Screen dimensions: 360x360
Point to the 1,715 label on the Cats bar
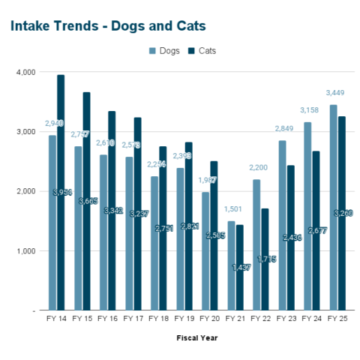pyautogui.click(x=267, y=259)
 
